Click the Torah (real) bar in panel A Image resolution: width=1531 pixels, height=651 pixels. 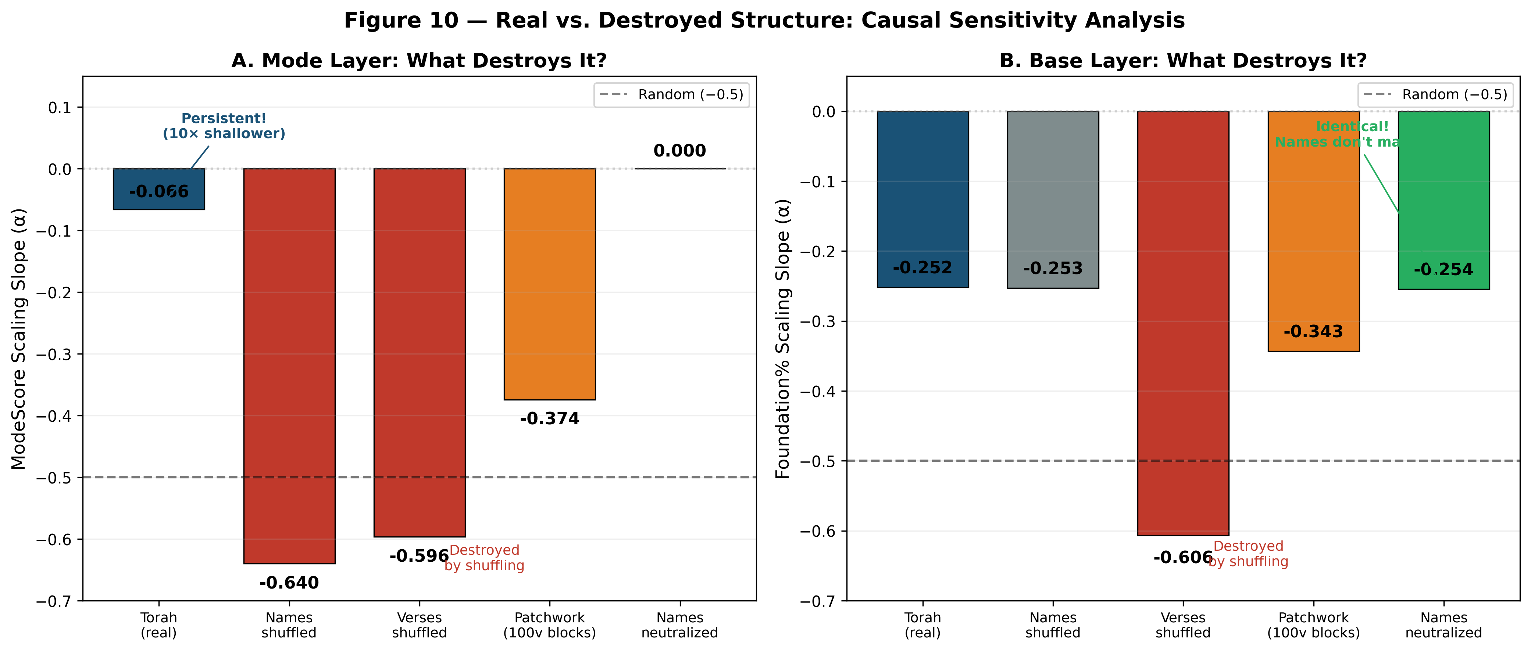point(159,189)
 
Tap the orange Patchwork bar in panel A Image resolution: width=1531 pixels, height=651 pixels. point(550,284)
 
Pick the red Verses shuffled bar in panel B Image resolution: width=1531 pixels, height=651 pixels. point(1183,323)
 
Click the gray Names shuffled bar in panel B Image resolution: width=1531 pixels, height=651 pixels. point(1053,199)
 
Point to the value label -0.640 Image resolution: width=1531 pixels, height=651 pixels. point(289,583)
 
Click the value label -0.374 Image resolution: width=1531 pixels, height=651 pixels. point(550,419)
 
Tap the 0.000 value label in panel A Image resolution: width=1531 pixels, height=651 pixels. point(679,151)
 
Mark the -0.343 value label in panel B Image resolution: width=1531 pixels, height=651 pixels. point(1313,331)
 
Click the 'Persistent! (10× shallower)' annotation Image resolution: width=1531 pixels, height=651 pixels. point(224,126)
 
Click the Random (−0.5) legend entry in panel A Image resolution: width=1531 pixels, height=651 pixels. point(672,95)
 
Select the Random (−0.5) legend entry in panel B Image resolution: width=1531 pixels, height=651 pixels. point(1435,95)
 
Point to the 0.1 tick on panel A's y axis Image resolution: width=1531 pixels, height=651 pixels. point(60,108)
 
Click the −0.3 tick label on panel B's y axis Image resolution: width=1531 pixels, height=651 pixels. point(818,321)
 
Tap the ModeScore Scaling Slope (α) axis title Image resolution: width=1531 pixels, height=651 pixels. point(19,339)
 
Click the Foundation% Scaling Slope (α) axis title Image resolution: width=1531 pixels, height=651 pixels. point(783,339)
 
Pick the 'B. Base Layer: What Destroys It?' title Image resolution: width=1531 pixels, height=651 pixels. point(1183,61)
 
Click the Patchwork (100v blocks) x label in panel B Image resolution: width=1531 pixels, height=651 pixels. point(1313,625)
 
